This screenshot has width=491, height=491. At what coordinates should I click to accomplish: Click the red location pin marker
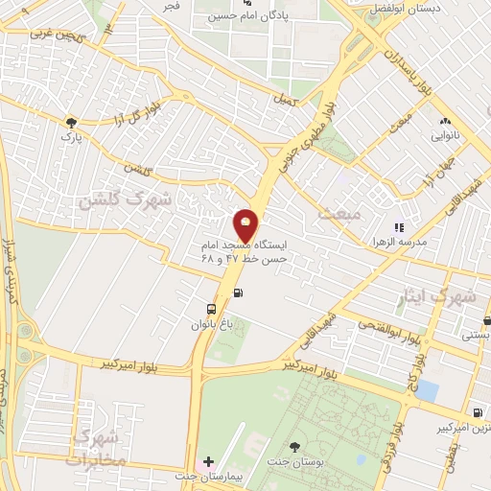coord(246,226)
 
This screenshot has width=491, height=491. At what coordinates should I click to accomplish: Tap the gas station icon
coord(238,294)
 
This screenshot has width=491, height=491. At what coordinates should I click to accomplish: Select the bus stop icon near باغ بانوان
coord(211,309)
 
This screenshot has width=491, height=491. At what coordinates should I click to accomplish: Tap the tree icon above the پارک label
coord(70,123)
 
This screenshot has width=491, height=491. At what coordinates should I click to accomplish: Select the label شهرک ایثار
coord(454,297)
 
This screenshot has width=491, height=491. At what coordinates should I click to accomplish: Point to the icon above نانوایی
coord(444,122)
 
